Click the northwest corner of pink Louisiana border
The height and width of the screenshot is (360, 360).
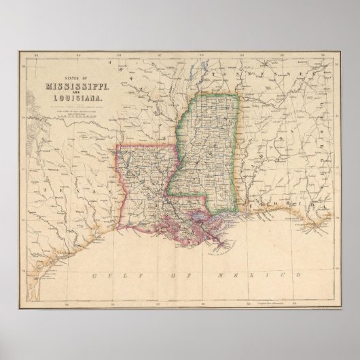point(118,145)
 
